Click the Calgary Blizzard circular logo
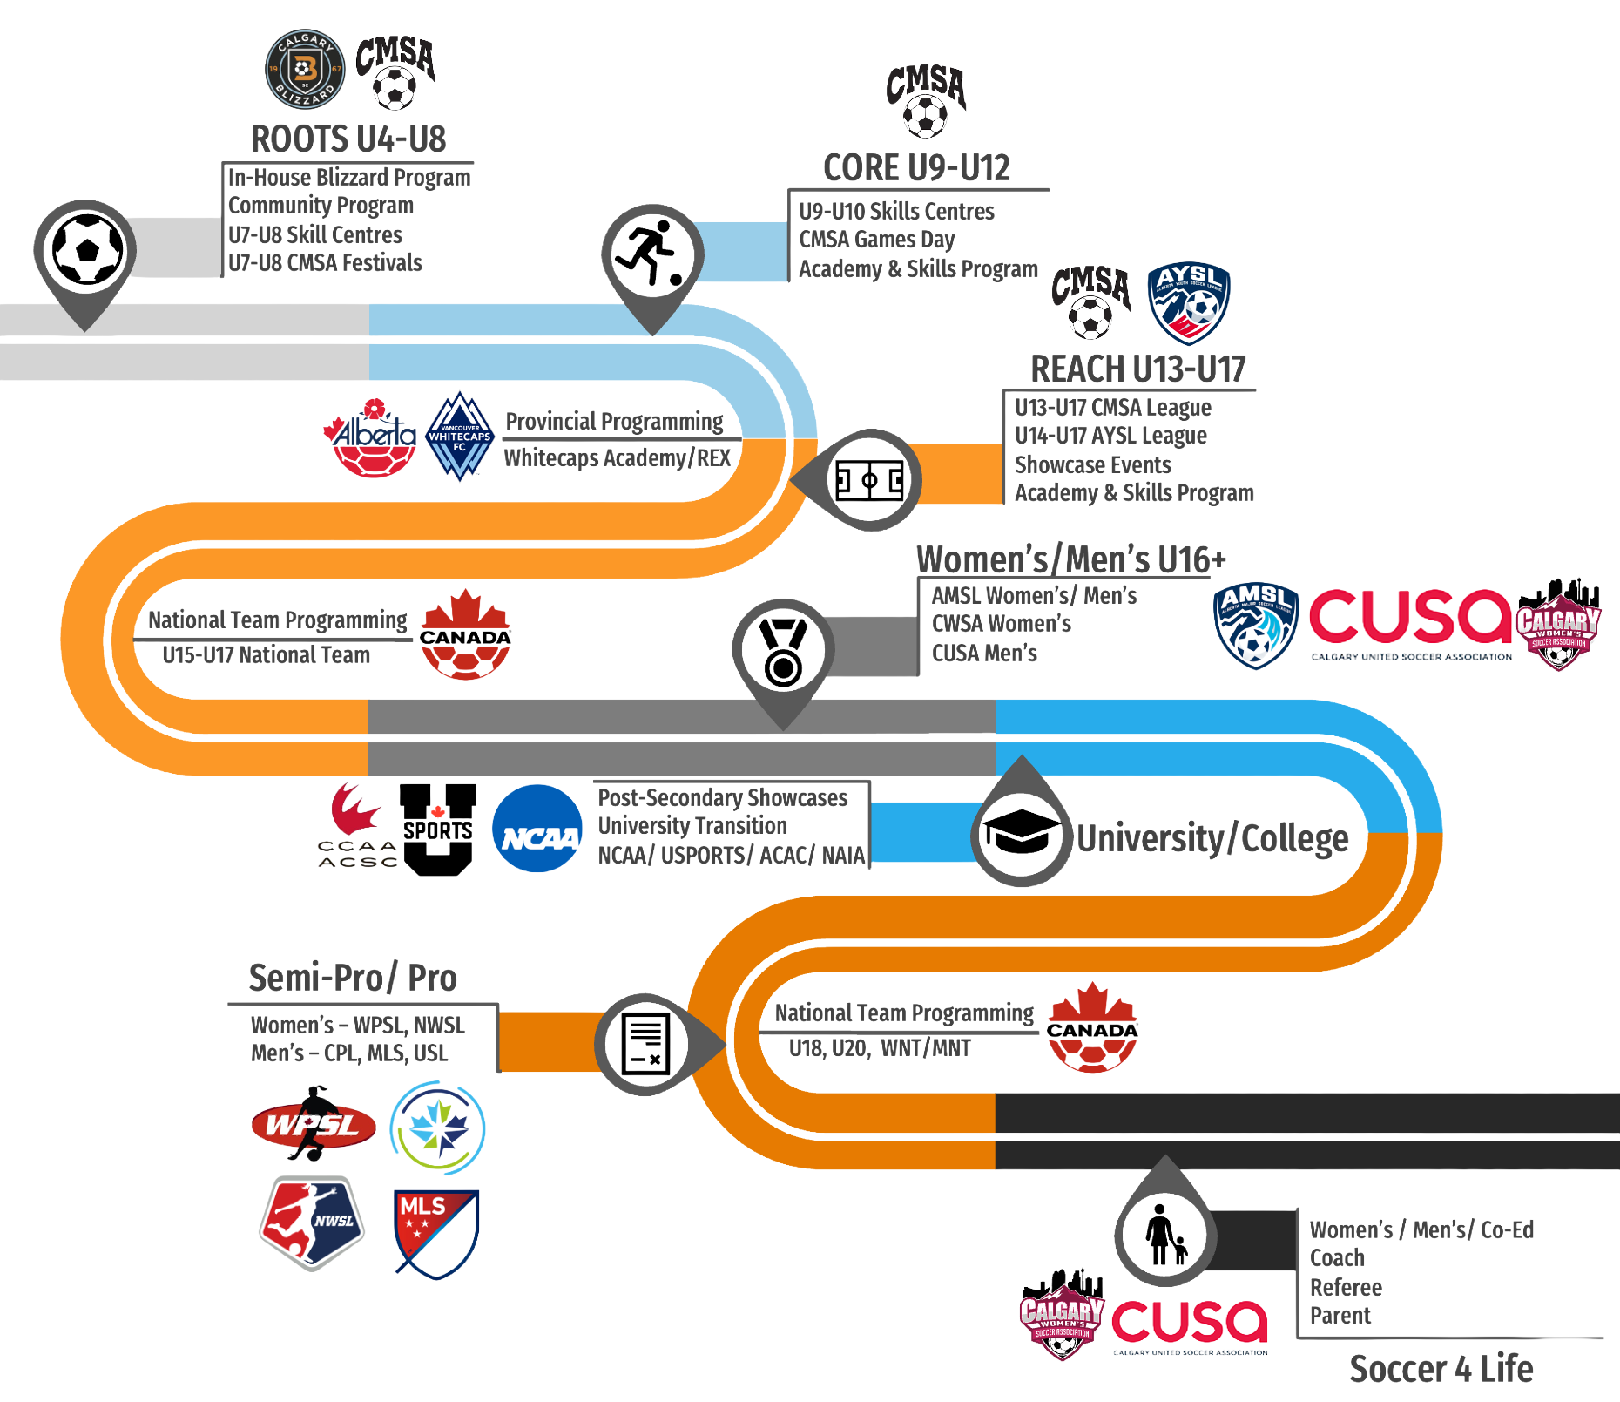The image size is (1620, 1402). pyautogui.click(x=304, y=70)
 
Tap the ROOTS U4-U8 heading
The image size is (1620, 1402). pyautogui.click(x=348, y=139)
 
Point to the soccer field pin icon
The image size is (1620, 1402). pyautogui.click(x=868, y=480)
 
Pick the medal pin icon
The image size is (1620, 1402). pyautogui.click(x=783, y=651)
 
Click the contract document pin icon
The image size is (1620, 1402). pyautogui.click(x=647, y=1044)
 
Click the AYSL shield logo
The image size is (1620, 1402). pyautogui.click(x=1188, y=303)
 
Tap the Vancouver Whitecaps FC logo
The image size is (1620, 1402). pyautogui.click(x=459, y=437)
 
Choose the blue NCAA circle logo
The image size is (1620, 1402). pyautogui.click(x=537, y=829)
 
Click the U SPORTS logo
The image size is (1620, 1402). pyautogui.click(x=438, y=829)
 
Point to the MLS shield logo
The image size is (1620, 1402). pyautogui.click(x=435, y=1233)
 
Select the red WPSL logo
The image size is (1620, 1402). pyautogui.click(x=314, y=1125)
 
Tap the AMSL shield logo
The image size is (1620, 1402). pyautogui.click(x=1255, y=626)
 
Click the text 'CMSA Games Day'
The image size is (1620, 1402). pyautogui.click(x=877, y=240)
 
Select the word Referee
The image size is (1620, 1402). pyautogui.click(x=1346, y=1288)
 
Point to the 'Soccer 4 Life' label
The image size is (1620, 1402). pyautogui.click(x=1441, y=1370)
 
